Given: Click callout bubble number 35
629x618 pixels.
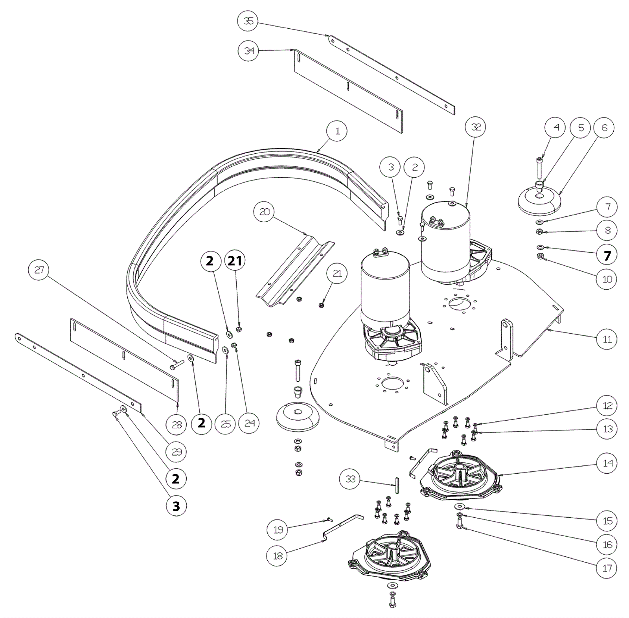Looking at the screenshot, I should coord(248,21).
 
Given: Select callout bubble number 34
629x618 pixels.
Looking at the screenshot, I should coord(248,51).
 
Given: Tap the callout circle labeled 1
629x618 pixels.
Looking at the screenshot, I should coord(337,131).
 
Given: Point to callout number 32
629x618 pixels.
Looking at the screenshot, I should coord(476,127).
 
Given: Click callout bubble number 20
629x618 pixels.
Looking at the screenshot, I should coord(264,212).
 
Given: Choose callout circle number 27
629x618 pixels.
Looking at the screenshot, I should coord(39,270).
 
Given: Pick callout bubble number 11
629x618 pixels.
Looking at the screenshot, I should coord(607,339).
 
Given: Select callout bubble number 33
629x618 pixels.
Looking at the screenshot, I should coord(350,478).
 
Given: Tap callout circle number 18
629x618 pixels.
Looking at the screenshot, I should coord(278,555).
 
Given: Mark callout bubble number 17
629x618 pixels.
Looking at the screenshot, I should coord(607,568).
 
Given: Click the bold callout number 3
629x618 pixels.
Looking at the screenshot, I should coord(176,506).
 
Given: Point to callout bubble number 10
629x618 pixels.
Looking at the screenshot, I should coord(607,279).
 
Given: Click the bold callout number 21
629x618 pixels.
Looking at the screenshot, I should coord(235,260).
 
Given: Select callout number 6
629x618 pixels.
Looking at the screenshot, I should coord(604,127).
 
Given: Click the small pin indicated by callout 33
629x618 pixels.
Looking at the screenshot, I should coord(397,485).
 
